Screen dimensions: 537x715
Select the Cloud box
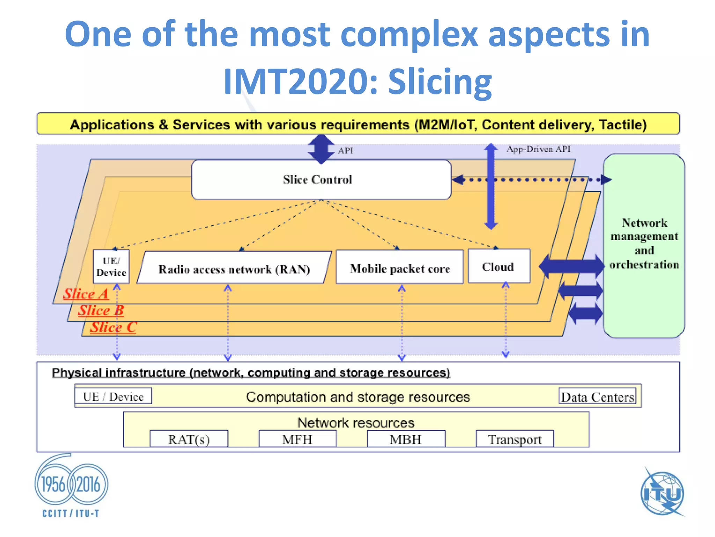499,267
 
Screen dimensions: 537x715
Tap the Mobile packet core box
400,268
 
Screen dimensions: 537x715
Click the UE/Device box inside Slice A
111,267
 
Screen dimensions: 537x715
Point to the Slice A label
86,294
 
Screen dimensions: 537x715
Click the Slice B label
101,310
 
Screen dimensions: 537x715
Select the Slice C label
113,327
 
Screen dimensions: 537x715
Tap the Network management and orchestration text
644,244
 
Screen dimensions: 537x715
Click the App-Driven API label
538,149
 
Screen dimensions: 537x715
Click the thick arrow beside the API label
321,150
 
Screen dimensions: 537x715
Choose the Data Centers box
597,397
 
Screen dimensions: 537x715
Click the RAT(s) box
189,439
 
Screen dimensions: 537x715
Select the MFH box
297,439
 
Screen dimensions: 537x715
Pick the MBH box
406,439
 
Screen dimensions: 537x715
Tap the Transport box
515,439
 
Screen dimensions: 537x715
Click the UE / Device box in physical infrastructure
113,396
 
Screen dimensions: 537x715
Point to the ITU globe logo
662,493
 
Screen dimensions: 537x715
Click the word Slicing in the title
440,81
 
